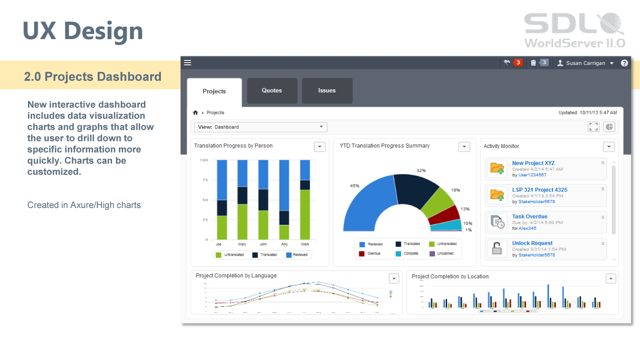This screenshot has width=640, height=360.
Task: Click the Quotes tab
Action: click(x=272, y=91)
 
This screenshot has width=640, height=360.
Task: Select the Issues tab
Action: click(x=327, y=91)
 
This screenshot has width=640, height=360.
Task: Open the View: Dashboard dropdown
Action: click(x=260, y=127)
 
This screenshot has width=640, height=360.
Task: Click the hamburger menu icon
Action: click(x=188, y=63)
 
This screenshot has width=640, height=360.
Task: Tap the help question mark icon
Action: click(x=624, y=63)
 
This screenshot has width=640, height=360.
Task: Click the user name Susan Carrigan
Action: click(x=585, y=63)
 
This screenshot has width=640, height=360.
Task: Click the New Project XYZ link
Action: click(x=533, y=163)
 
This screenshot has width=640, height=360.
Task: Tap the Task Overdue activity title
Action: click(x=530, y=216)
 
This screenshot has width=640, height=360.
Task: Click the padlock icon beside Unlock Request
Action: click(x=497, y=248)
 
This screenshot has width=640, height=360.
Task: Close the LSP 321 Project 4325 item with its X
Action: click(x=603, y=189)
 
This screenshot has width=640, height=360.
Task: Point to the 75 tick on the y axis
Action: click(x=205, y=180)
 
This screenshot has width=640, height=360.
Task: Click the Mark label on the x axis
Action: click(x=305, y=244)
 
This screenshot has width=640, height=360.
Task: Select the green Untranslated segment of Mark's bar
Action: click(x=305, y=215)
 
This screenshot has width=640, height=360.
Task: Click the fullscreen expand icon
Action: click(x=593, y=127)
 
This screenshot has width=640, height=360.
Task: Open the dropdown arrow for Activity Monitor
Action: click(x=608, y=147)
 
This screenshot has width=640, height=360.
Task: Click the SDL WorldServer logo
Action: click(x=575, y=30)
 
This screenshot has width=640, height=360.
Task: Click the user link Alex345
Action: click(x=527, y=228)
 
